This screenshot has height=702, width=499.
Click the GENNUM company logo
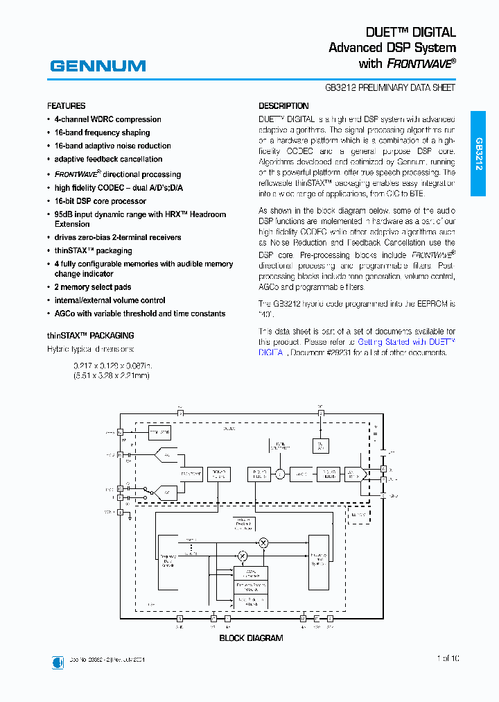click(x=98, y=66)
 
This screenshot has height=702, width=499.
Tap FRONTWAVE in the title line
click(x=420, y=64)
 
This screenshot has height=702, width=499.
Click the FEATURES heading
click(x=67, y=106)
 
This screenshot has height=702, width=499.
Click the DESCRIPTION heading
click(x=283, y=106)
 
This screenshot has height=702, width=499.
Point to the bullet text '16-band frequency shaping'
click(x=102, y=132)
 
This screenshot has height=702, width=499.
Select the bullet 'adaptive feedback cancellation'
click(x=108, y=159)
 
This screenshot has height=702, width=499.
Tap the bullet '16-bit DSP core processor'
click(x=100, y=201)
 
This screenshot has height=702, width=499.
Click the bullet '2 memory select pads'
click(x=93, y=287)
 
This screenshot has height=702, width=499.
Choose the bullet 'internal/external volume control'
click(x=110, y=300)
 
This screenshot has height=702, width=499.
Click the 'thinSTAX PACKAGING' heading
click(x=90, y=335)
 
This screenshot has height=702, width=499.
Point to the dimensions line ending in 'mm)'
click(x=111, y=375)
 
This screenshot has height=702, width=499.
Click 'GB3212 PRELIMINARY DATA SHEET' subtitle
click(x=390, y=88)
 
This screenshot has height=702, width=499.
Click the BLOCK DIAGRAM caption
click(x=251, y=637)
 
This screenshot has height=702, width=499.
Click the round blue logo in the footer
click(x=58, y=662)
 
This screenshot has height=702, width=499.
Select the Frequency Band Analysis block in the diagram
click(x=169, y=561)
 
